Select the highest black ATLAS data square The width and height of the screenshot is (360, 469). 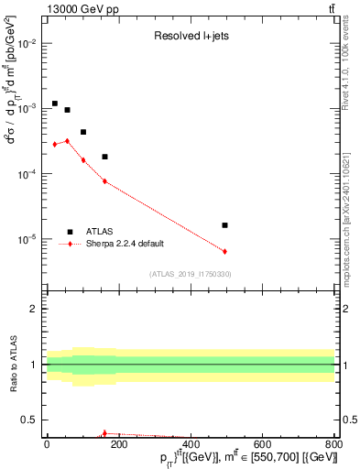[55, 104]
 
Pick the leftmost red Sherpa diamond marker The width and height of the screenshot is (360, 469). [55, 144]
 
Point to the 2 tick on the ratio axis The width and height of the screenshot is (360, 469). [34, 309]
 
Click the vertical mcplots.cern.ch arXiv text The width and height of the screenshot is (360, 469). [352, 211]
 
